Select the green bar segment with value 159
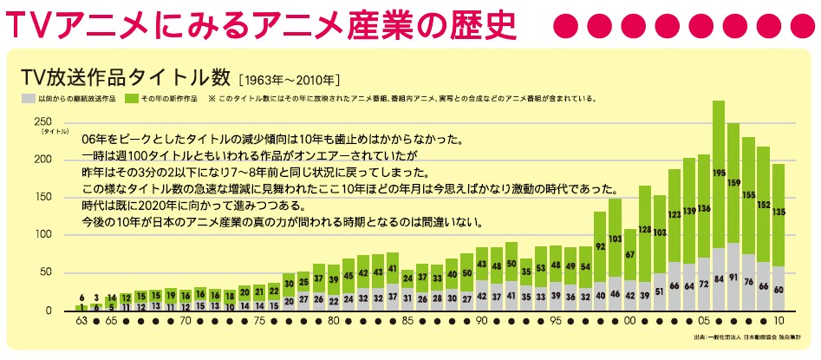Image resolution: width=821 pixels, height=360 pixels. pos(733,183)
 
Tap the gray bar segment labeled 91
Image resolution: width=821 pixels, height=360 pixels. pos(733,277)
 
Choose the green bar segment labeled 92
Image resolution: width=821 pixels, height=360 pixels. pos(600,246)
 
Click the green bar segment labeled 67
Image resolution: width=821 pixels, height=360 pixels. pos(630,254)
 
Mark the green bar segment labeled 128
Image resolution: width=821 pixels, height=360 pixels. pos(645,230)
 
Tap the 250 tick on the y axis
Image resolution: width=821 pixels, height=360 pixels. pos(40,121)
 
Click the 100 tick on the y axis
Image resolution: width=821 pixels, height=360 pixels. pos(40,235)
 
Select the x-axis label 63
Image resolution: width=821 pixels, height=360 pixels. pos(81,320)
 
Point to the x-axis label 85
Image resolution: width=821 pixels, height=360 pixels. pos(407,320)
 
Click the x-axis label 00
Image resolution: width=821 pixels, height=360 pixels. pos(630,320)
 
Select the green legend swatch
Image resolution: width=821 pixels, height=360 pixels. pos(130,98)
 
